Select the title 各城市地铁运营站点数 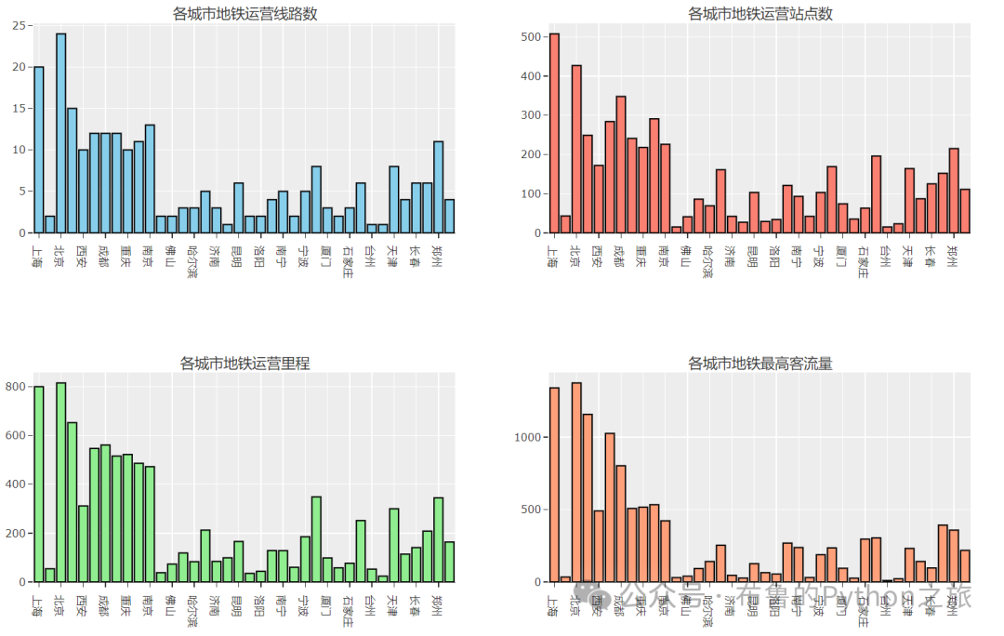(760, 13)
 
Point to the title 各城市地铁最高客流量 (760, 363)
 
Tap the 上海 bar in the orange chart (554, 484)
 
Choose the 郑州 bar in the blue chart (438, 187)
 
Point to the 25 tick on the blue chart (18, 26)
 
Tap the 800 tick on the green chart (18, 386)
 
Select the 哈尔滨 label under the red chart (708, 262)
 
